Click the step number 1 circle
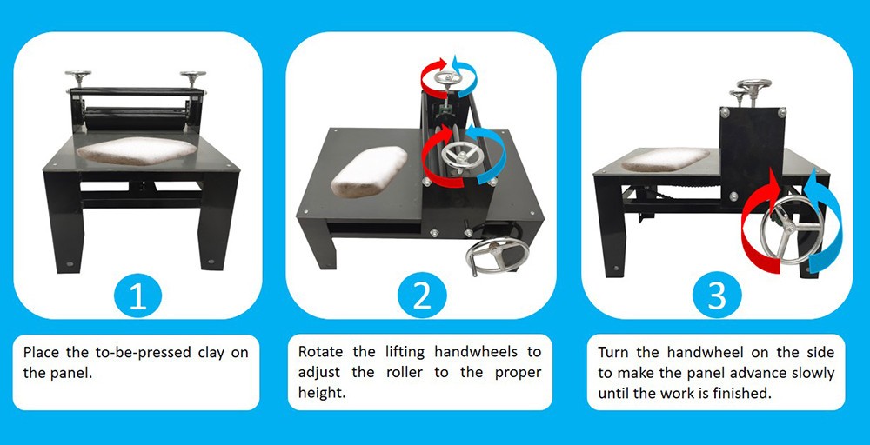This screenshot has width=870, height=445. (x=137, y=296)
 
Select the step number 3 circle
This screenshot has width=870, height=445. (x=716, y=296)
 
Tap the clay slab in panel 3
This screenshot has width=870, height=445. (x=665, y=159)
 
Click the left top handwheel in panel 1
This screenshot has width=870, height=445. (x=78, y=76)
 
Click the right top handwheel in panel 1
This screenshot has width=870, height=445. (x=192, y=76)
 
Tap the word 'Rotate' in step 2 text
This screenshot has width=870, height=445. (x=321, y=352)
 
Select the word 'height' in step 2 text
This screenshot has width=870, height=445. (x=320, y=393)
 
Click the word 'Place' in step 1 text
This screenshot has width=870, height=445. (x=42, y=353)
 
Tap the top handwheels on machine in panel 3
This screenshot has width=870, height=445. (x=753, y=87)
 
